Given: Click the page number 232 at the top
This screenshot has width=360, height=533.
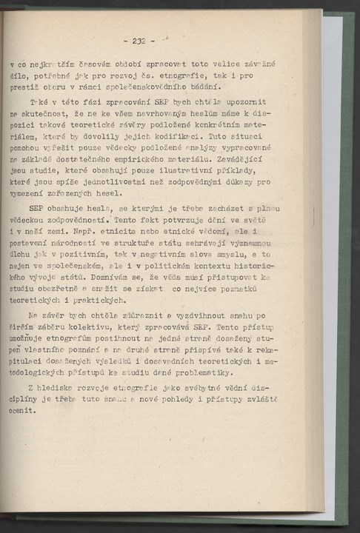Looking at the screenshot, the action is pyautogui.click(x=139, y=41).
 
